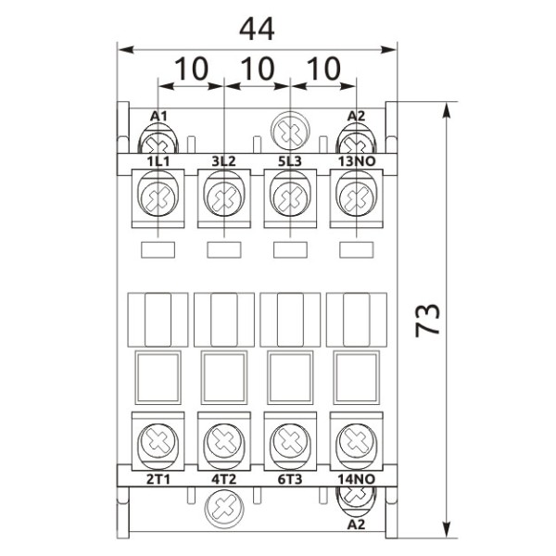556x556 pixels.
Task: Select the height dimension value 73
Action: click(x=427, y=319)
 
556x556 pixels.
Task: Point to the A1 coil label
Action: click(x=158, y=116)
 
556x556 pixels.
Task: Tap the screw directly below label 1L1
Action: click(x=158, y=197)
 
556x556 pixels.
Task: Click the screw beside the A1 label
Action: click(x=158, y=141)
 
